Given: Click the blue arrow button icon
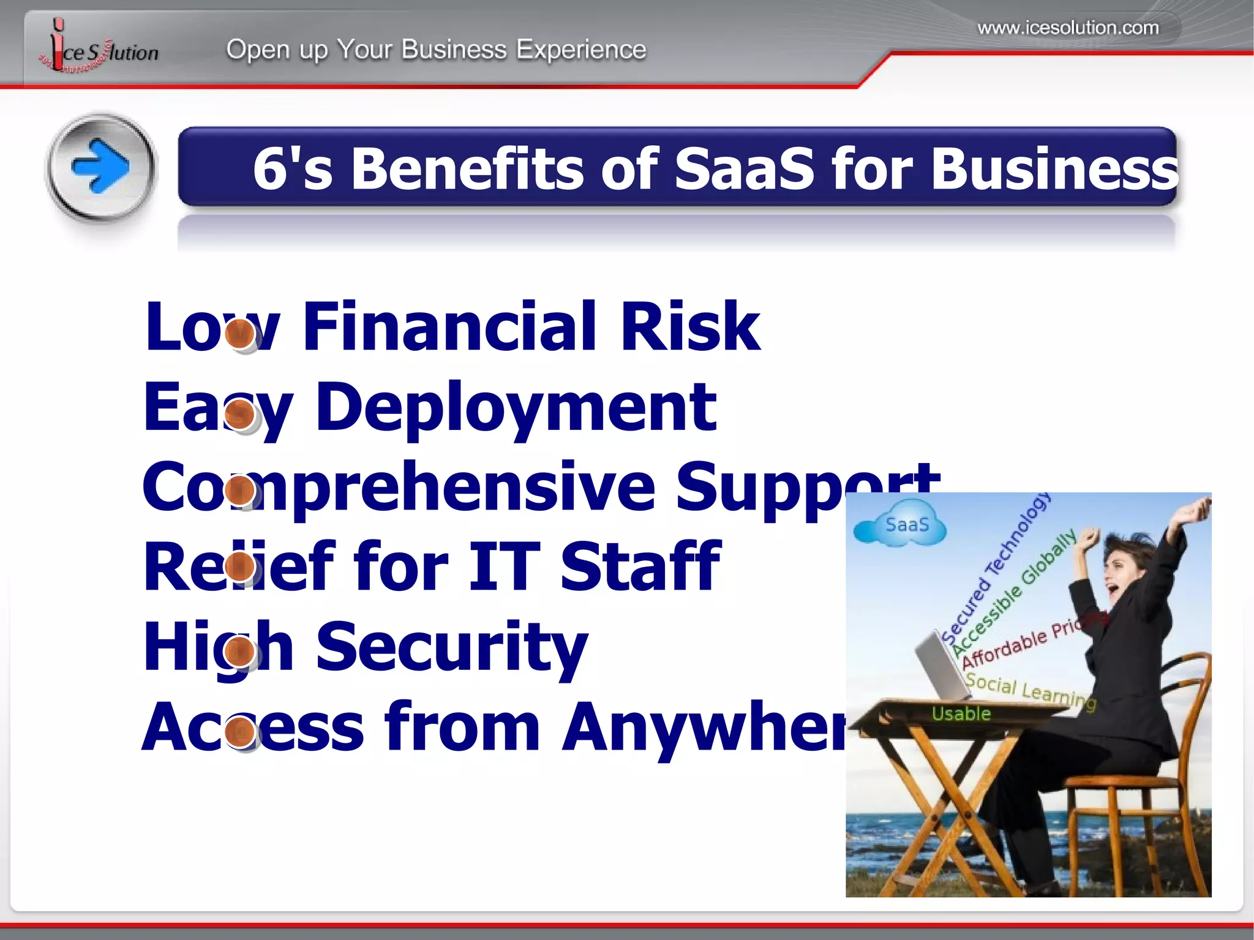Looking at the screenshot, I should tap(101, 167).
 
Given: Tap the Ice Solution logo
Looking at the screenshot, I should tap(98, 49).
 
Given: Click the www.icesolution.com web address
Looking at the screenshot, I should tap(1068, 28).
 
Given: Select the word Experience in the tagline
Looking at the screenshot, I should tap(580, 50).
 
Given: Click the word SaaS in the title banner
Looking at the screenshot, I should tap(745, 169).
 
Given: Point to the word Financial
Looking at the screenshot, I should tap(449, 327).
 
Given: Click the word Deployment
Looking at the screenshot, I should tap(516, 407).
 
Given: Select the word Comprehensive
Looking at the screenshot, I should tap(399, 487).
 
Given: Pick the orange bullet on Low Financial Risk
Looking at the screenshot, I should tap(240, 334).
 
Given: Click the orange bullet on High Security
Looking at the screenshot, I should tap(240, 651).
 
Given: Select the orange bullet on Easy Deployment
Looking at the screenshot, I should tap(240, 414).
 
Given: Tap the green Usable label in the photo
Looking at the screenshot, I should tap(961, 713).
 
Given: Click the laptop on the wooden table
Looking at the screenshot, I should tap(943, 667).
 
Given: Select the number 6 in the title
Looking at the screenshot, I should tap(270, 169).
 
